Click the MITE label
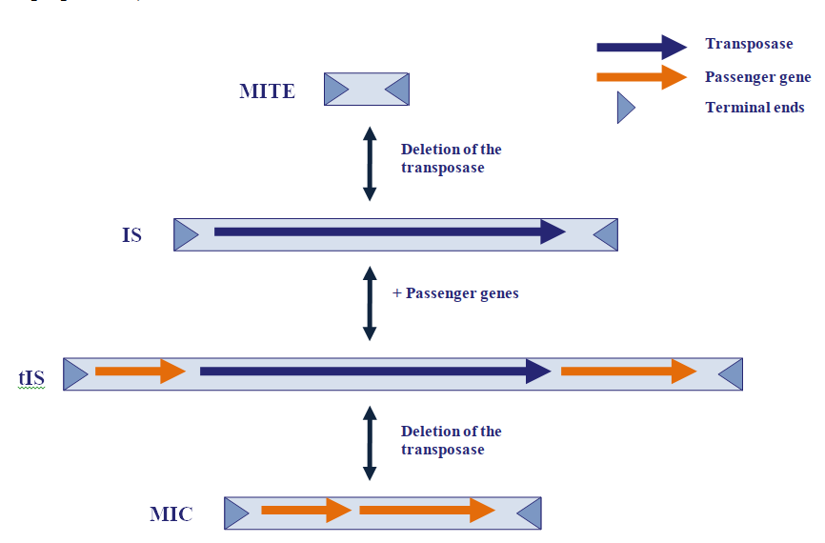[x=267, y=91]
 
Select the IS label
[x=131, y=234]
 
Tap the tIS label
[x=31, y=377]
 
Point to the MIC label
[x=171, y=515]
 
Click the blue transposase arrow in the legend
[x=640, y=47]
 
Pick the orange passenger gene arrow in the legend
[x=640, y=78]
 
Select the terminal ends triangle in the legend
[x=625, y=108]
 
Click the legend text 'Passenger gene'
[x=757, y=77]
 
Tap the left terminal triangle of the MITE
[x=335, y=90]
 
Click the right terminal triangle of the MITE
[x=398, y=90]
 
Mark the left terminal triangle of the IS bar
[x=186, y=234]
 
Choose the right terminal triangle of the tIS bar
[x=730, y=373]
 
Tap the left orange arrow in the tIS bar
[x=139, y=372]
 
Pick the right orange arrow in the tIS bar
[x=629, y=372]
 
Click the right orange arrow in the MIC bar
[x=426, y=512]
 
